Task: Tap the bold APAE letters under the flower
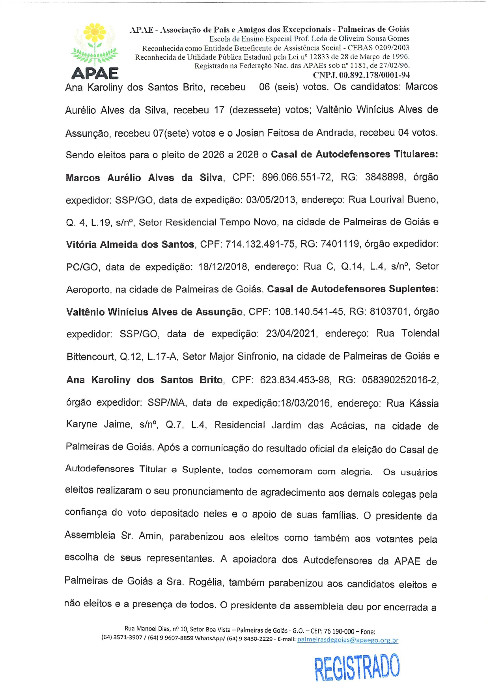95,74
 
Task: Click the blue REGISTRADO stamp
357,667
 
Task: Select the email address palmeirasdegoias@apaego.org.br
347,640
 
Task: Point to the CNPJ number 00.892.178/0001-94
374,75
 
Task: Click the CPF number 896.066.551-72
297,177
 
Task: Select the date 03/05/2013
271,200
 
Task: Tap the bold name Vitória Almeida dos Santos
130,245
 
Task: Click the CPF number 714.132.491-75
260,244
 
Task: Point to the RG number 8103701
388,312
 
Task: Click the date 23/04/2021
291,334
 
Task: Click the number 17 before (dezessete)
219,110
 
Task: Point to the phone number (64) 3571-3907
121,638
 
